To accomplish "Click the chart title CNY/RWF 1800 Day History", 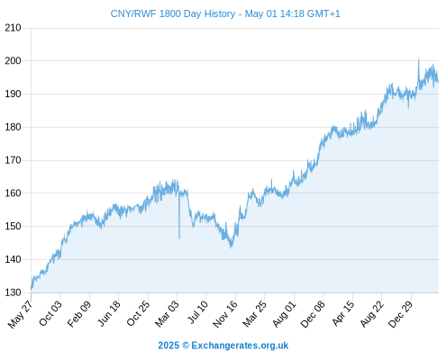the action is (173, 13).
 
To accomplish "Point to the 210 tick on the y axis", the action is (13, 28).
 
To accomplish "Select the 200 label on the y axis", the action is (13, 61).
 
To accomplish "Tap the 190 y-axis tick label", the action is (13, 94).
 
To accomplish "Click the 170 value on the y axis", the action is (13, 160).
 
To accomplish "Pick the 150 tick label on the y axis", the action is (13, 226).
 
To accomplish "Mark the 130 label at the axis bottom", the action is (13, 292).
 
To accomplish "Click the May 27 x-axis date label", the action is (21, 314).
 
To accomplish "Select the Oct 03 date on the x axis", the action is (50, 313).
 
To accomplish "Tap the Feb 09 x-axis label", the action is (78, 314).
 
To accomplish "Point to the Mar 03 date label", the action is (167, 313).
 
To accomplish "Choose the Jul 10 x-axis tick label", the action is (197, 312).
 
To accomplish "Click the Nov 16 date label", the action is (225, 314).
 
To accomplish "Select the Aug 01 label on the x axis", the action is (284, 314).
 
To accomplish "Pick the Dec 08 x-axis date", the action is (313, 314).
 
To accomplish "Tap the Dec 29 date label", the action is (400, 314).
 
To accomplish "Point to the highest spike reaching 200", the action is (419, 59).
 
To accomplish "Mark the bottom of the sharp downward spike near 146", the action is (179, 238).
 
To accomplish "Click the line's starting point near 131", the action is (32, 289).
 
